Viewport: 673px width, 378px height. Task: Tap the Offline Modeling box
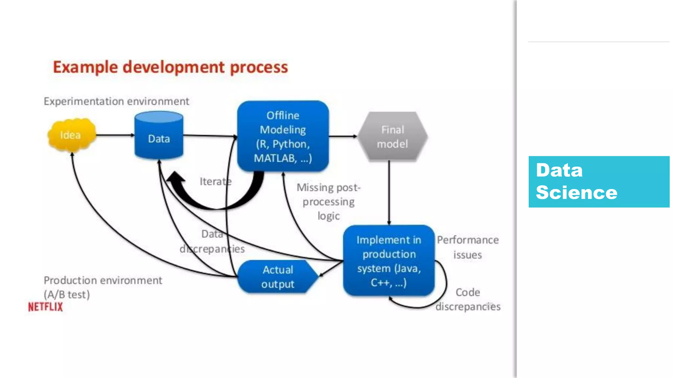pyautogui.click(x=283, y=136)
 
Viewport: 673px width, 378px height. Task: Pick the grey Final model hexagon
pyautogui.click(x=392, y=136)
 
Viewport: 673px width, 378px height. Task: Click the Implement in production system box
pyautogui.click(x=389, y=261)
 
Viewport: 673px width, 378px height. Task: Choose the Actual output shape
pyautogui.click(x=277, y=277)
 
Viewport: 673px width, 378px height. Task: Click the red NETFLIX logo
pyautogui.click(x=45, y=307)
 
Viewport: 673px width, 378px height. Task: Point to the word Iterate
pyautogui.click(x=215, y=181)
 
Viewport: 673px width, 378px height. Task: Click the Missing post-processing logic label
pyautogui.click(x=328, y=201)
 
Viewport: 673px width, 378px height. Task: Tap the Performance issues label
pyautogui.click(x=468, y=247)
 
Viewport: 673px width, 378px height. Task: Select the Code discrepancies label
pyautogui.click(x=468, y=299)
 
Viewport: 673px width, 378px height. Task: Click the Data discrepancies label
pyautogui.click(x=212, y=241)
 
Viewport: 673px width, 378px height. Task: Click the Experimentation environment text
pyautogui.click(x=116, y=101)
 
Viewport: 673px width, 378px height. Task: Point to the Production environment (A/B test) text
pyautogui.click(x=103, y=287)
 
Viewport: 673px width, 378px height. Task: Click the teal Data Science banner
pyautogui.click(x=599, y=181)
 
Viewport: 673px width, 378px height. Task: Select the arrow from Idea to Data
pyautogui.click(x=115, y=135)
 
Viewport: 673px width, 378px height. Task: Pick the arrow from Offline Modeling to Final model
pyautogui.click(x=343, y=136)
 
